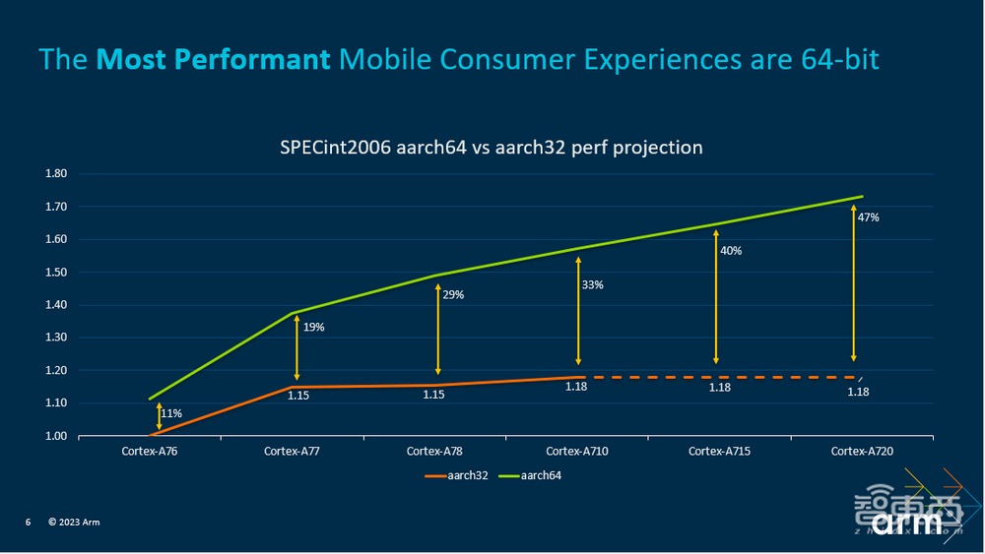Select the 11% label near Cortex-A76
(x=170, y=413)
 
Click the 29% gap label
(x=453, y=294)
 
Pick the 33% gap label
(x=592, y=284)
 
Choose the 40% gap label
(x=731, y=251)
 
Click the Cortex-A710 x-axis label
(x=578, y=451)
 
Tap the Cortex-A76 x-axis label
(x=149, y=451)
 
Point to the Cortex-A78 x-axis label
(x=434, y=451)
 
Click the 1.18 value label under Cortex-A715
(x=721, y=388)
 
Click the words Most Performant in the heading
(x=214, y=61)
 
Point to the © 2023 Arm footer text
(x=74, y=522)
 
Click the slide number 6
(x=29, y=522)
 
